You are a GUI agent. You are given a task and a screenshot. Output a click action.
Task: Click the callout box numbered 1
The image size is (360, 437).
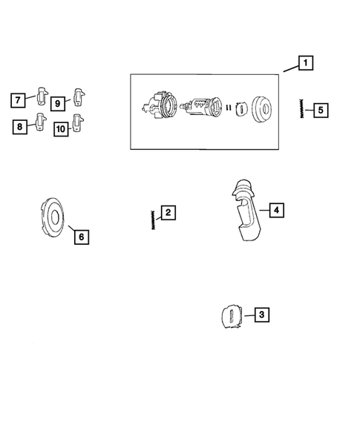305,64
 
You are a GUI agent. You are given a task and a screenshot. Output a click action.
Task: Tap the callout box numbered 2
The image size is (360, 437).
168,214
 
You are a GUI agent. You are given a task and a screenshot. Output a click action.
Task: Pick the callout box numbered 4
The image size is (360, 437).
275,211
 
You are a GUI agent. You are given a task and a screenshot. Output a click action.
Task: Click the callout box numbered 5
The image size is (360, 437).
320,111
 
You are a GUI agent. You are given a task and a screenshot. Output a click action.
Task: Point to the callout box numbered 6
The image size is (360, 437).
81,237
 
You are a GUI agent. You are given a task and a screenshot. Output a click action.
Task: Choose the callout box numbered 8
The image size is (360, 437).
19,127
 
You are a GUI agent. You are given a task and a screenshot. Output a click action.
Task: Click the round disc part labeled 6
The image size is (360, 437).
53,218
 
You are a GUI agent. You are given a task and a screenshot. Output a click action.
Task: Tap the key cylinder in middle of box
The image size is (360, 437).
200,108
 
